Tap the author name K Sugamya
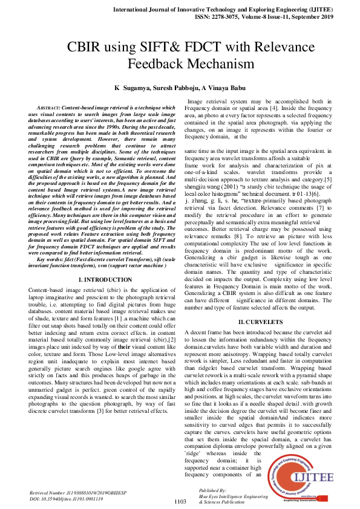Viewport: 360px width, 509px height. click(x=133, y=88)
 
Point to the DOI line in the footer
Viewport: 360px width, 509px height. click(x=67, y=498)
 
